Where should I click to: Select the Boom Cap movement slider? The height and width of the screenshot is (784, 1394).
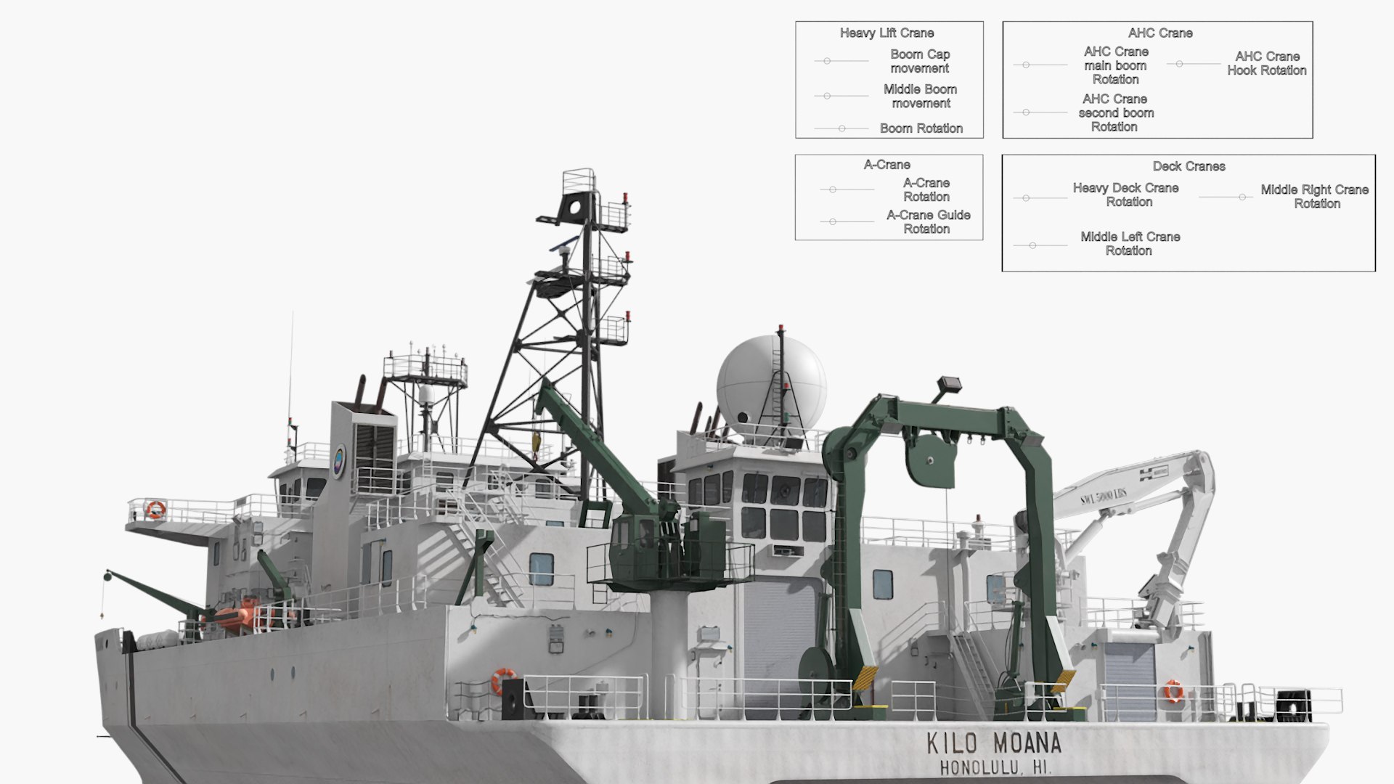pyautogui.click(x=827, y=61)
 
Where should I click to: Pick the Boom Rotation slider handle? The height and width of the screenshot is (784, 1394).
pyautogui.click(x=841, y=128)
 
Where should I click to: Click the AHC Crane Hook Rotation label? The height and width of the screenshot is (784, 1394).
pyautogui.click(x=1266, y=63)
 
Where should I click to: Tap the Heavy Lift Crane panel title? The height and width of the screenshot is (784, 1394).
pyautogui.click(x=886, y=33)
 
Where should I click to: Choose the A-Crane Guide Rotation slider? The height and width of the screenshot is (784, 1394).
pyautogui.click(x=833, y=221)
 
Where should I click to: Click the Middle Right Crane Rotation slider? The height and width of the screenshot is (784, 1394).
pyautogui.click(x=1242, y=197)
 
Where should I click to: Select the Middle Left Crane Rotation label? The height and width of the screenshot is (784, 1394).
pyautogui.click(x=1130, y=243)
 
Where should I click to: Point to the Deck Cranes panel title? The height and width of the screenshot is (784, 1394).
pyautogui.click(x=1189, y=166)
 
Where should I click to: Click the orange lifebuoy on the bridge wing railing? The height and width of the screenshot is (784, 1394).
pyautogui.click(x=155, y=509)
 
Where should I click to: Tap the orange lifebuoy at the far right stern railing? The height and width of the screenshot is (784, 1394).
pyautogui.click(x=1173, y=690)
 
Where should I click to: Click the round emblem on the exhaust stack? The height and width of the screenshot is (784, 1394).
pyautogui.click(x=339, y=460)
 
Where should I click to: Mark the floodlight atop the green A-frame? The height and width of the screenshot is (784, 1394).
pyautogui.click(x=949, y=384)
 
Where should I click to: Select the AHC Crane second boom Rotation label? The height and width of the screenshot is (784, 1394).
pyautogui.click(x=1115, y=113)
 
